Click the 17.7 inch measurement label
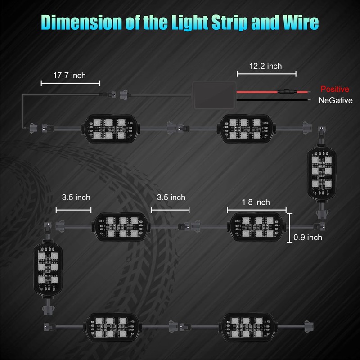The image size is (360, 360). point(69,75)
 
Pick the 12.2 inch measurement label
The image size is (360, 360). point(265,66)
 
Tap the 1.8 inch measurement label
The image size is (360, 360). point(256,202)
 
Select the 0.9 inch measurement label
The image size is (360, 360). point(308,237)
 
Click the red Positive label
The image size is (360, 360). point(334,89)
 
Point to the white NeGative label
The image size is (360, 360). point(335,100)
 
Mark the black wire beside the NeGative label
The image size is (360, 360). point(270,100)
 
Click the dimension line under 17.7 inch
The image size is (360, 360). point(70,83)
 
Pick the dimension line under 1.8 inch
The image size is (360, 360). point(256,209)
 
